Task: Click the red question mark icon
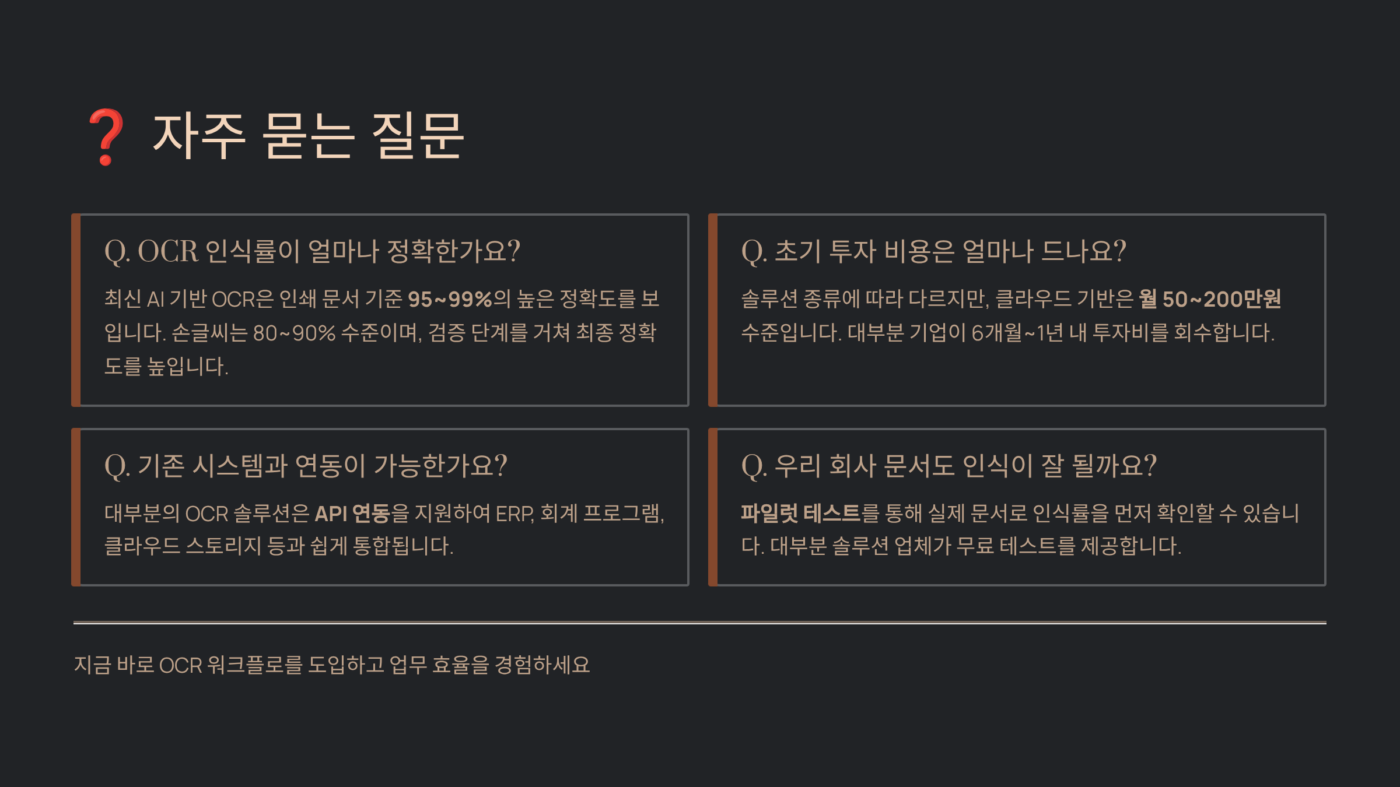pos(106,136)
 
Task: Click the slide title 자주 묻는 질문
pos(308,136)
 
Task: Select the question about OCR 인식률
pos(312,251)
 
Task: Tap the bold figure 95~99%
pos(450,299)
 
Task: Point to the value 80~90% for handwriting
pos(294,333)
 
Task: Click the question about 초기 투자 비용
pos(933,251)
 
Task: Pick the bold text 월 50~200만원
pos(1210,299)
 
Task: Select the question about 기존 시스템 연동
pos(306,466)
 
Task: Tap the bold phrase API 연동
pos(352,514)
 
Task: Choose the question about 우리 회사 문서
pos(949,466)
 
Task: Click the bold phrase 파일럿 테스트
pos(800,514)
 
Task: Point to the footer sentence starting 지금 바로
pos(332,665)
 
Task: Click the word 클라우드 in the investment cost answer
pos(1033,299)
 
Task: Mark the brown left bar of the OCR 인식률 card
pos(76,310)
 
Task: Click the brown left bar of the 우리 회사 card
pos(713,507)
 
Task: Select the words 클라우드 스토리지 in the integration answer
pos(183,546)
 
